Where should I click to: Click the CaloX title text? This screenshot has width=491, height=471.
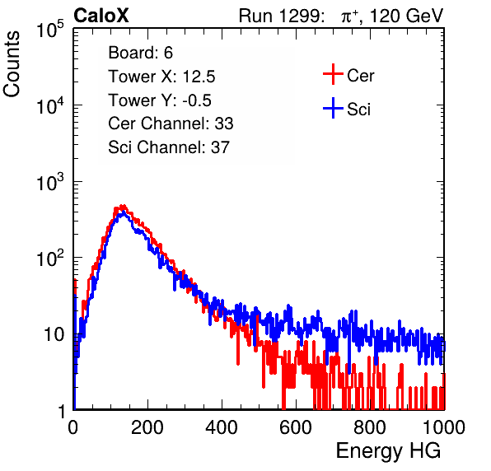click(101, 16)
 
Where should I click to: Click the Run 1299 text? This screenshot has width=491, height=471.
click(281, 16)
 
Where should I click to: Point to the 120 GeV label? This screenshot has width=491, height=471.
click(406, 16)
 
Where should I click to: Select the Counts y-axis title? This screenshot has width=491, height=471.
click(12, 64)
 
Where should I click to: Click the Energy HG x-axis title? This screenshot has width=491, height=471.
click(388, 451)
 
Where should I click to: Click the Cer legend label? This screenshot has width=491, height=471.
click(360, 76)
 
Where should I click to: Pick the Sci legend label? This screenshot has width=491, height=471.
click(358, 110)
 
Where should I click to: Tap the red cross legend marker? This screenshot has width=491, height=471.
click(333, 74)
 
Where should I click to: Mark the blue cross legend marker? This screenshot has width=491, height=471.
click(333, 108)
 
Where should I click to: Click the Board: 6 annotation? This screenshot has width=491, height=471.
click(140, 53)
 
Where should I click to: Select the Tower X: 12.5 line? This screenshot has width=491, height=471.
click(161, 77)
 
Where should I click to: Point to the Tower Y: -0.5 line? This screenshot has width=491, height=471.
click(160, 100)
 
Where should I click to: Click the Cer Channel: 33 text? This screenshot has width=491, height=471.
click(171, 124)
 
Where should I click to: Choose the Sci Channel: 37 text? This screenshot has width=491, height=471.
click(169, 147)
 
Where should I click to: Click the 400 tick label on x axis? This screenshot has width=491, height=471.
click(222, 427)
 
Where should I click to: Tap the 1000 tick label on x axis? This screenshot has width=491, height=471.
click(444, 427)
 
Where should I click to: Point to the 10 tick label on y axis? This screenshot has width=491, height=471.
click(54, 334)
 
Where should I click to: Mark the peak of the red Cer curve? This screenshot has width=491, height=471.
click(123, 206)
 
